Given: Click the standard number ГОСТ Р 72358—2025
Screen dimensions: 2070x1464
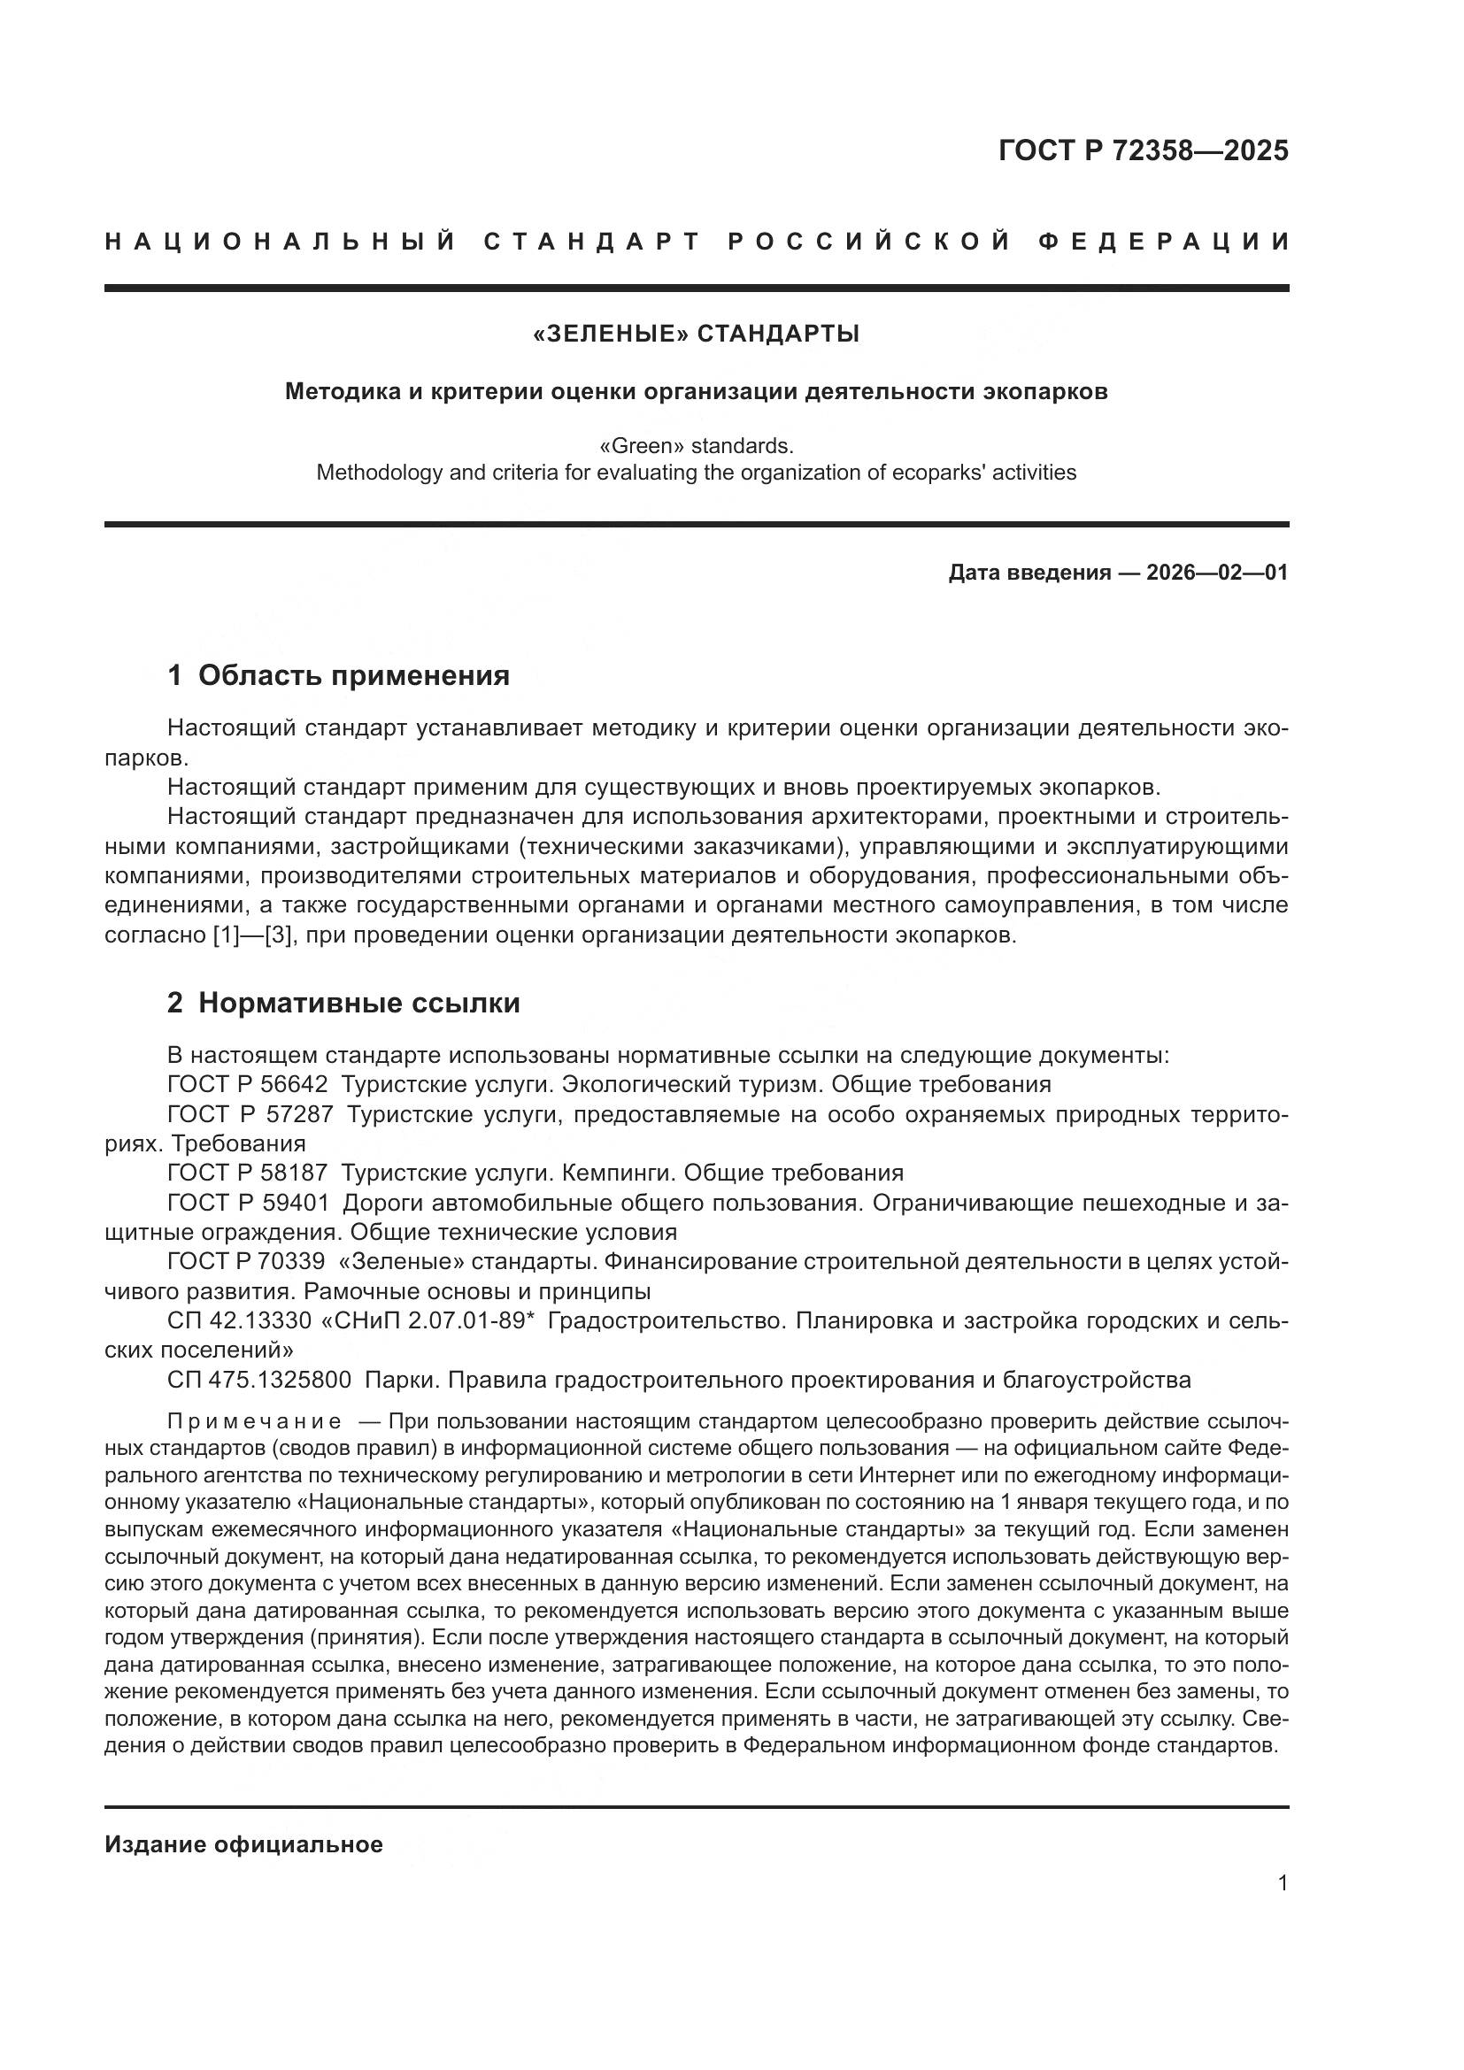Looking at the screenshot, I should (1143, 150).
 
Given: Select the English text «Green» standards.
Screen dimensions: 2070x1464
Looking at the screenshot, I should (696, 446).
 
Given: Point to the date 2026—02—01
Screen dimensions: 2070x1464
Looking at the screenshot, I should (1216, 573).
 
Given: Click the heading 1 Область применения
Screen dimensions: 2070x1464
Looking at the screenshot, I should (338, 675).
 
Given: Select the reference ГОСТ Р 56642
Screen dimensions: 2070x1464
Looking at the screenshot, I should (247, 1084).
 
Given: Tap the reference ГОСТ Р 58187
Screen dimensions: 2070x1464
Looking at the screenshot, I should (247, 1173).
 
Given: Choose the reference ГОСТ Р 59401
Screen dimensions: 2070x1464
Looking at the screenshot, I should (248, 1203).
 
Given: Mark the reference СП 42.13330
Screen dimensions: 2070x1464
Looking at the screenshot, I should (238, 1320).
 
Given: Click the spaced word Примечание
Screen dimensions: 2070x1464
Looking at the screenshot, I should (254, 1422).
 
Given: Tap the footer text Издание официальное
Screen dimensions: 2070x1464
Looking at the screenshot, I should (243, 1844).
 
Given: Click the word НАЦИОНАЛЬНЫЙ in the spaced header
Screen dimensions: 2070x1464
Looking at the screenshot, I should (281, 242).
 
